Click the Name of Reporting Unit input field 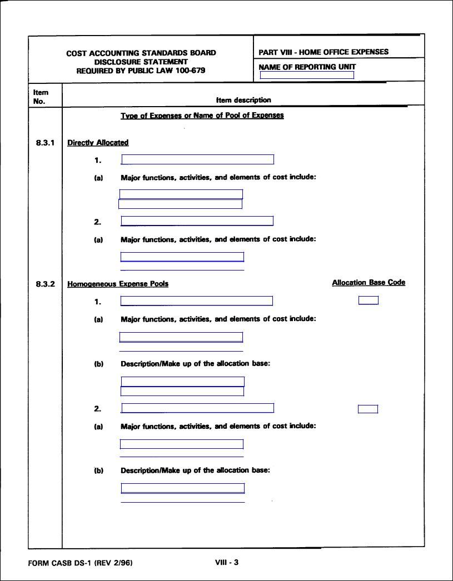click(307, 76)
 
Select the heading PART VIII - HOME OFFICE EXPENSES click(323, 52)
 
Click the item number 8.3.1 click(44, 143)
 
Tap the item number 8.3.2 click(44, 284)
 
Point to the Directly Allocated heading click(98, 143)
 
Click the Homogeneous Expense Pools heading click(118, 284)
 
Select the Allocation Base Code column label click(369, 283)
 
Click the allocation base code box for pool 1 click(368, 300)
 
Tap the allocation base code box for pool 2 click(367, 409)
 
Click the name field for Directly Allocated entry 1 click(197, 160)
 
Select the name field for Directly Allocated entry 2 click(197, 221)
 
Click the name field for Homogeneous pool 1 click(196, 301)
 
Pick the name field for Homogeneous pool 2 click(197, 408)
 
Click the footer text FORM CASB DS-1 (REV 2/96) click(80, 563)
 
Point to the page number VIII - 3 click(227, 562)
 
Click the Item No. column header click(41, 97)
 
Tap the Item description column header click(243, 100)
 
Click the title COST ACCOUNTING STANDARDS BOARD click(141, 53)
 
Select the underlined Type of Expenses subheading click(202, 116)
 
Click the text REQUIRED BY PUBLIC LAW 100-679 click(141, 71)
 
